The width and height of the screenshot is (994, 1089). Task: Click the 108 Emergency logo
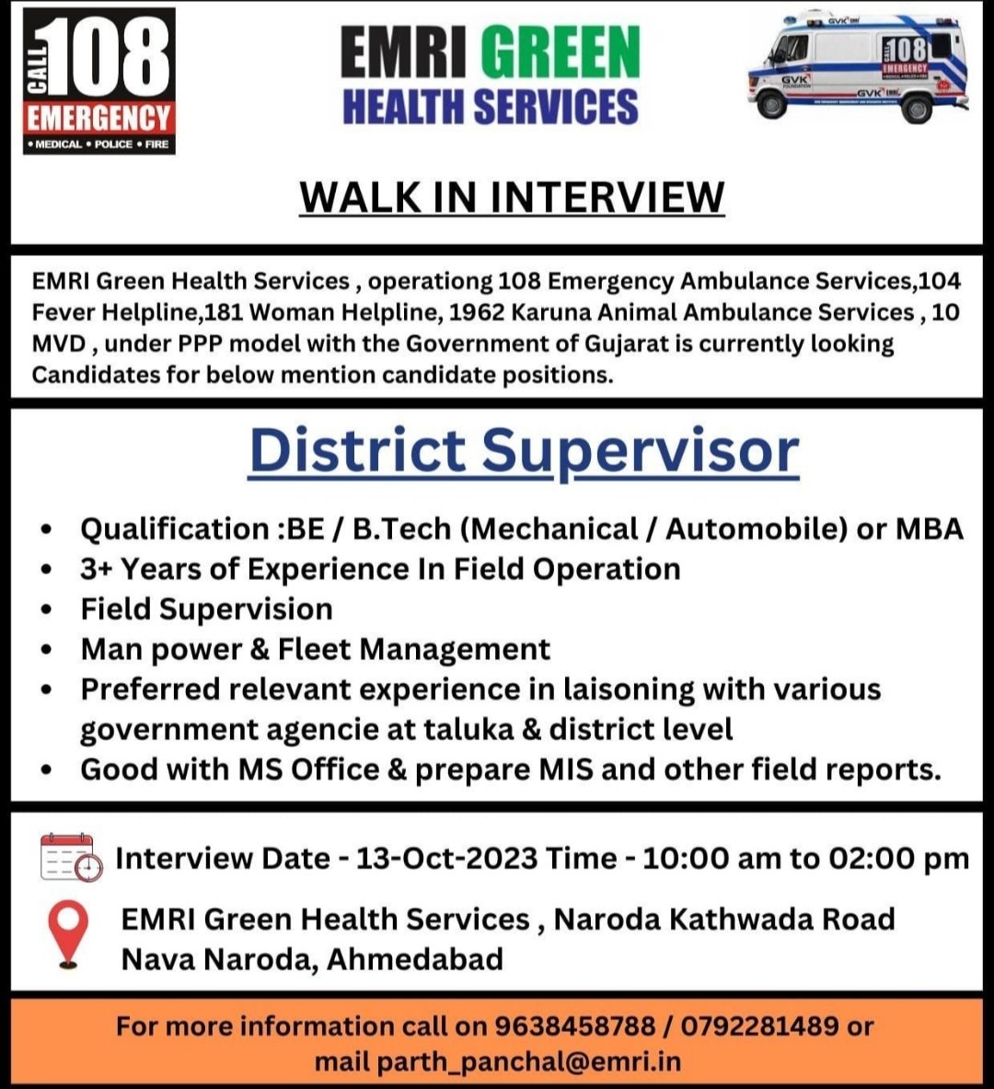(x=98, y=80)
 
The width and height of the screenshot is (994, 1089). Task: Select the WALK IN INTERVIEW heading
(x=512, y=197)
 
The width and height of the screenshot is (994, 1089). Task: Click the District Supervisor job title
(x=524, y=451)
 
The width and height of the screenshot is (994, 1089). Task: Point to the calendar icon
(x=71, y=857)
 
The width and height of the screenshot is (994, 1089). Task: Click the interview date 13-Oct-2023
(x=446, y=858)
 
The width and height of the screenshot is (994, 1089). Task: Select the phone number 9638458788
(x=574, y=1025)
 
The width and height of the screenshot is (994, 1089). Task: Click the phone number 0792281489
(x=759, y=1025)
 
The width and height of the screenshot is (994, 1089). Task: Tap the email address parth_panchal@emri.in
(x=529, y=1061)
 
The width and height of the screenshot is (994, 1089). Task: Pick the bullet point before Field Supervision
(x=47, y=610)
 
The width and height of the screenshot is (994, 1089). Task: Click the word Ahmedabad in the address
(x=415, y=959)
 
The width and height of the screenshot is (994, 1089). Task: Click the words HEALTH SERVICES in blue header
(x=490, y=106)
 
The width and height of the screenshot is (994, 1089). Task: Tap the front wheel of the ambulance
(x=772, y=105)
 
